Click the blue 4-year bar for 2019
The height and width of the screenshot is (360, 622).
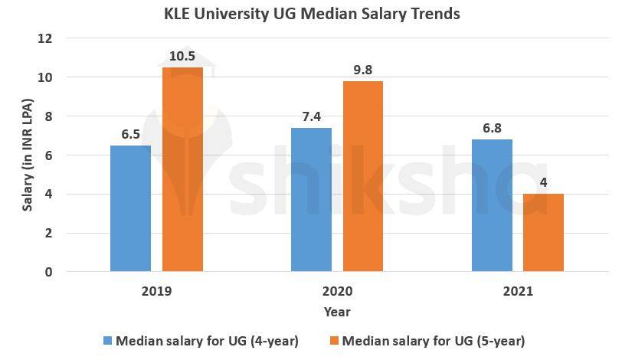point(130,208)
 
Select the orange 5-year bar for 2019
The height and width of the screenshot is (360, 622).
point(182,169)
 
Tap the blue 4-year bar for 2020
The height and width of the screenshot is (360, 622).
point(311,199)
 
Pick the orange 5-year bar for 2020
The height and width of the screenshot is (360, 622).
point(362,176)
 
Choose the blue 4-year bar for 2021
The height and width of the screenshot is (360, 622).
point(492,205)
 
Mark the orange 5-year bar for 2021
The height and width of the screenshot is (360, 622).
point(543,232)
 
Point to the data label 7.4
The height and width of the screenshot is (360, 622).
point(311,117)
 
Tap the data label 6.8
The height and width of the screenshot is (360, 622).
point(492,129)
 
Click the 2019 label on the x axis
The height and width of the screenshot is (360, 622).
point(156,292)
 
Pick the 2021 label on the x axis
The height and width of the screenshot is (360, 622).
point(518,292)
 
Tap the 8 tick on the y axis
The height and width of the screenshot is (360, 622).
point(49,116)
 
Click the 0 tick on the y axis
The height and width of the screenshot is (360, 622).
point(49,272)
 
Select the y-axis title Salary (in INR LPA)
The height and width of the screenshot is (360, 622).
point(28,155)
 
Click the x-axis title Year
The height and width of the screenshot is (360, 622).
point(337,312)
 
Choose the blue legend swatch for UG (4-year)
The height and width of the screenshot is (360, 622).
point(106,340)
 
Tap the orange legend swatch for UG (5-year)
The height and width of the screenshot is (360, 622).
point(333,340)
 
